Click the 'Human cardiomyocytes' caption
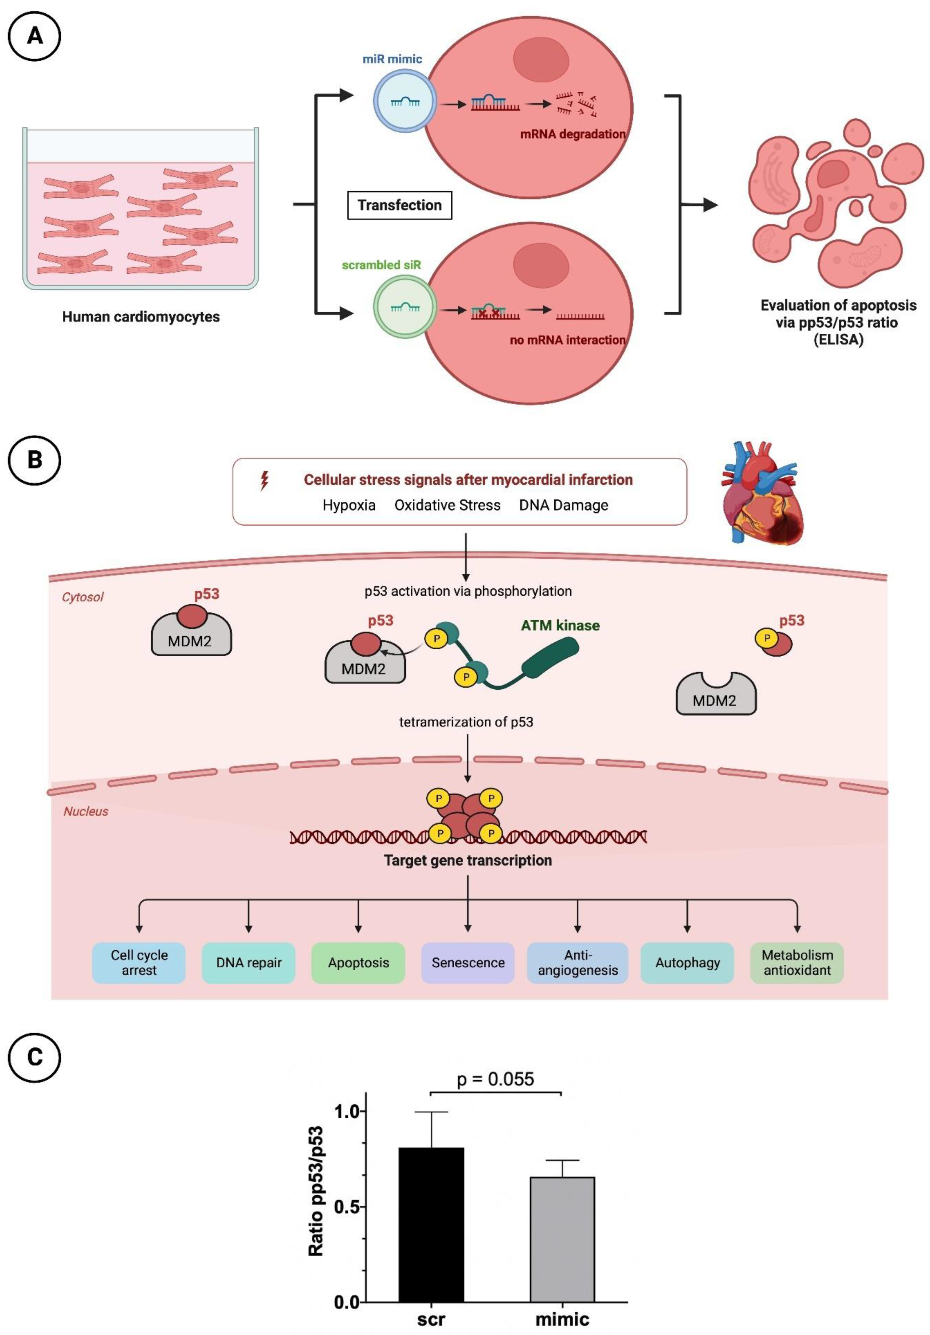(141, 317)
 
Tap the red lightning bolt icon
(265, 480)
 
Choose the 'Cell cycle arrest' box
(139, 962)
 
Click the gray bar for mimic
(562, 1239)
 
